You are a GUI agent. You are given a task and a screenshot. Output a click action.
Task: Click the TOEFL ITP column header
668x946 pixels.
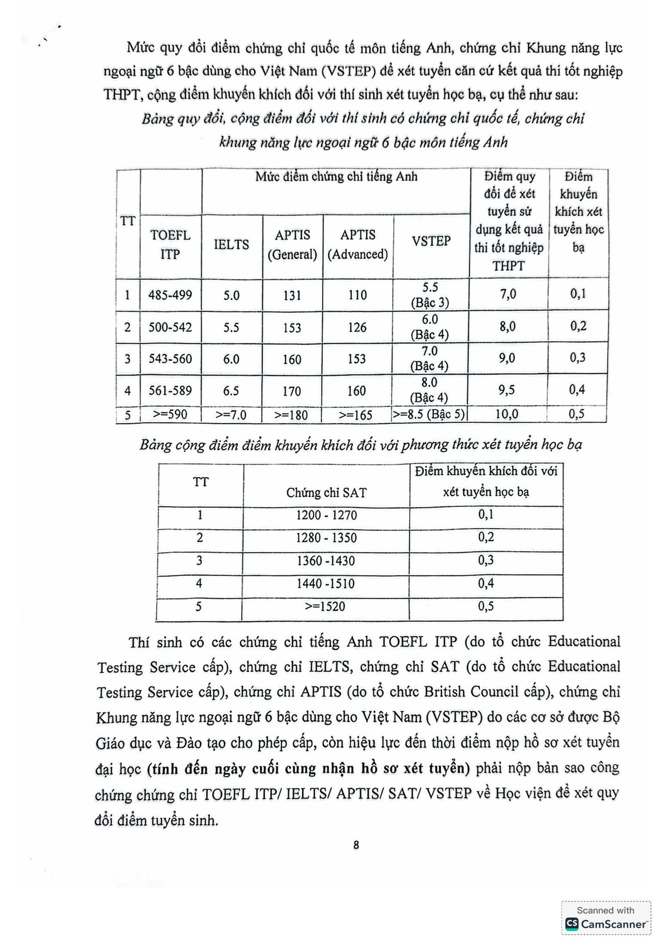170,244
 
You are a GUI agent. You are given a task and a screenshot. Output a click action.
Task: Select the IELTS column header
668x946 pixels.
231,244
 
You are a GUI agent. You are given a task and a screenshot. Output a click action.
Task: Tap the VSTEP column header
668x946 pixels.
431,241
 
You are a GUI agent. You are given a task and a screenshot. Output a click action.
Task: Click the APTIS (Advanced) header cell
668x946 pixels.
358,244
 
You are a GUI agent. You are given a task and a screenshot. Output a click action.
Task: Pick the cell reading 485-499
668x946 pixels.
170,295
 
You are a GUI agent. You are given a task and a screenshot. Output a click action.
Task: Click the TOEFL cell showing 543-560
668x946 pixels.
170,359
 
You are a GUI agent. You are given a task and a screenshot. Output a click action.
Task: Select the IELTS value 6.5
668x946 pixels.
231,391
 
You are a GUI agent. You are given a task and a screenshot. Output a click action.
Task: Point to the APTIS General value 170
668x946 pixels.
292,391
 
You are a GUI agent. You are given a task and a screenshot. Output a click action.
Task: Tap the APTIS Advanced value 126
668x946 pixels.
357,328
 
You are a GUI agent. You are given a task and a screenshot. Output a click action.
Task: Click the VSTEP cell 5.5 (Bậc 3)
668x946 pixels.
430,295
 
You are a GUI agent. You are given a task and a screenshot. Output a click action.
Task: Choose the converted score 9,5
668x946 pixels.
507,390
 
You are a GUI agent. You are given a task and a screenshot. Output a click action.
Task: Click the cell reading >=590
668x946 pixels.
170,414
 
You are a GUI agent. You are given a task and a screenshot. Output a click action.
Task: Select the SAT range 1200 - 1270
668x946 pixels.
326,515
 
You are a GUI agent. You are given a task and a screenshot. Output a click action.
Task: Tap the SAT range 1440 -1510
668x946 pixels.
326,583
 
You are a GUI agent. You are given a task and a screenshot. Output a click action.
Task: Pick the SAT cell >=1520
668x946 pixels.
325,606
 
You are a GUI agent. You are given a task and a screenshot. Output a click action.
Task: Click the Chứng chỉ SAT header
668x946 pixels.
326,492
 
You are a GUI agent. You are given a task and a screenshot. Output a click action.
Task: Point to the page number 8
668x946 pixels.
356,845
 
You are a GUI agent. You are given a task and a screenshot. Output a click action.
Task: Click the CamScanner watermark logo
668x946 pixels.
572,924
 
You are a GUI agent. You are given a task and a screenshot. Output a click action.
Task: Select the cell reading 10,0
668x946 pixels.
507,414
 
